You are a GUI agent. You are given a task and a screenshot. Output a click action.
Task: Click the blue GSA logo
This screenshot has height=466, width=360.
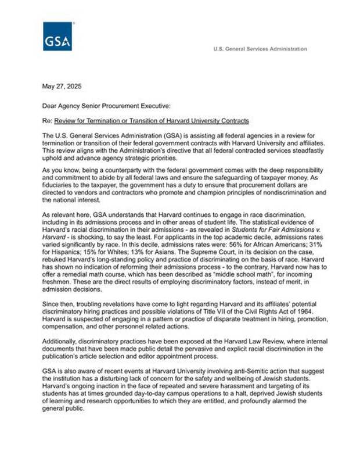click(x=57, y=37)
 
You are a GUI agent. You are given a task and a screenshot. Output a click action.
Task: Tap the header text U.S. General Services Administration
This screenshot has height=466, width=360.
click(x=260, y=49)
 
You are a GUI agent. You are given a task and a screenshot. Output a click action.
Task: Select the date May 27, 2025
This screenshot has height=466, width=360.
click(x=62, y=87)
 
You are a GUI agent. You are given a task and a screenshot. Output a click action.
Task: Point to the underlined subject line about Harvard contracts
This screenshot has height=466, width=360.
click(x=152, y=121)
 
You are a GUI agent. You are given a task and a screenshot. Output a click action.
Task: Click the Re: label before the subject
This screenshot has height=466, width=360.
click(x=47, y=121)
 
